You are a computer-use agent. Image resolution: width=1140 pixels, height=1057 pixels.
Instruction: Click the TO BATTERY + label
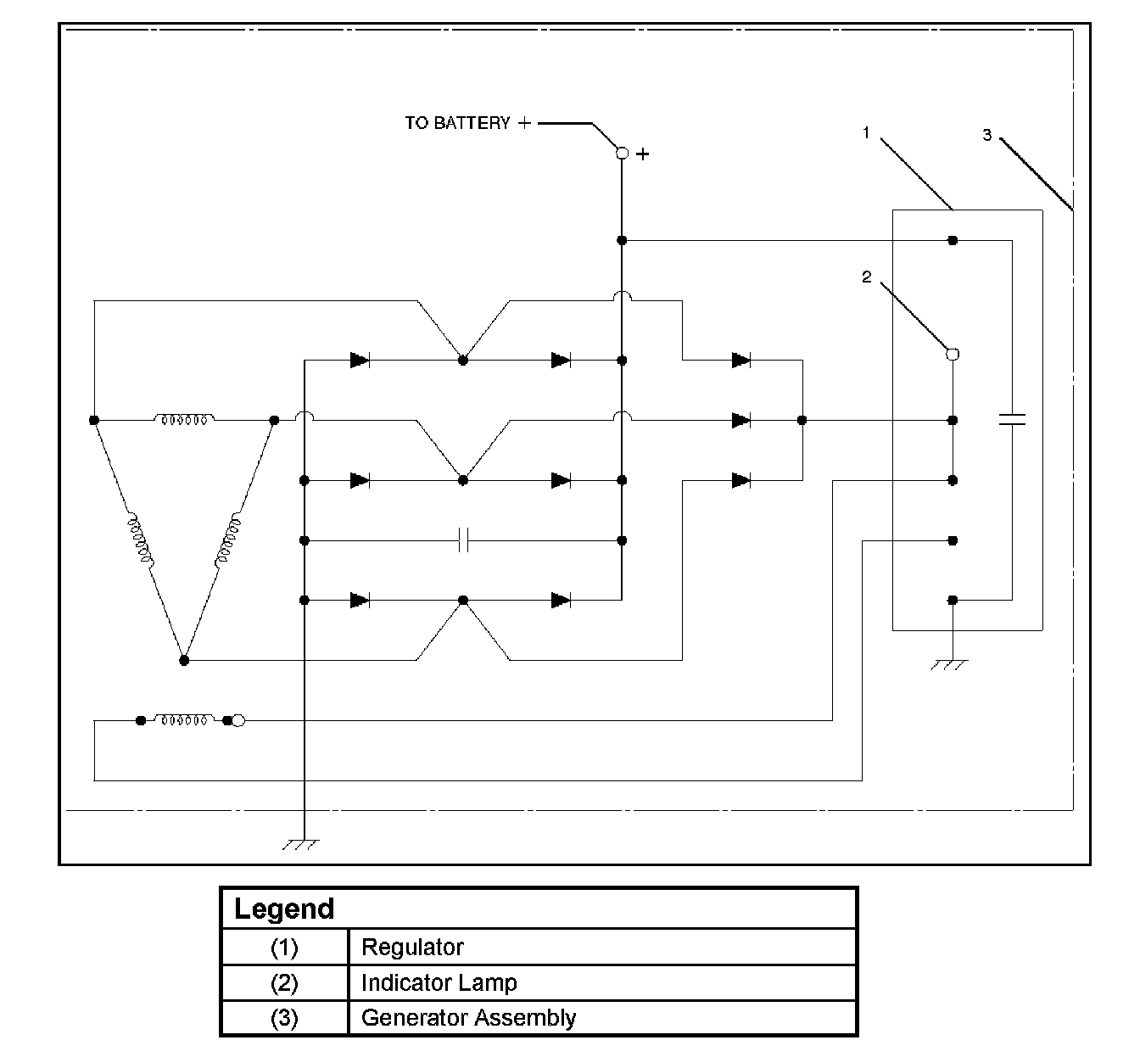[x=467, y=123]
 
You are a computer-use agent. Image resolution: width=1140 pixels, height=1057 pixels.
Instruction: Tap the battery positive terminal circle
[x=622, y=154]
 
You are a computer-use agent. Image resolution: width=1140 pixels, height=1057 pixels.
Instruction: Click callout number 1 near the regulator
[x=866, y=132]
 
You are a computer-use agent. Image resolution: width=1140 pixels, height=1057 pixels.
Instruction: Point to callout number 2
[x=866, y=277]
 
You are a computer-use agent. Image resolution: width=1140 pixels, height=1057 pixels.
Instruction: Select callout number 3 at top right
[x=986, y=135]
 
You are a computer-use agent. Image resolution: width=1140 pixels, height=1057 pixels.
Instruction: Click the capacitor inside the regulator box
[x=1012, y=419]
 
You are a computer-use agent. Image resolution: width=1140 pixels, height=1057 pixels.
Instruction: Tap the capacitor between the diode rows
[x=463, y=540]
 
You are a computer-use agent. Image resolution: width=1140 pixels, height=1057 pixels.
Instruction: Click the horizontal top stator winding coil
[x=184, y=419]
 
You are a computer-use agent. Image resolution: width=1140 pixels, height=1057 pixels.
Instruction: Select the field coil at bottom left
[x=183, y=720]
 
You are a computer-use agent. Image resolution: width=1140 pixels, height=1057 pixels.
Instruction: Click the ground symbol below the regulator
[x=951, y=664]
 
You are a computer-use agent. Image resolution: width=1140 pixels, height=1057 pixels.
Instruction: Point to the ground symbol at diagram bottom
[x=302, y=844]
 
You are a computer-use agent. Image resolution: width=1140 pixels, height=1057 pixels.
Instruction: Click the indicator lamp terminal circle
[x=953, y=354]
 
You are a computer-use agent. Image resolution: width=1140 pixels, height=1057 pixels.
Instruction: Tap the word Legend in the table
[x=284, y=909]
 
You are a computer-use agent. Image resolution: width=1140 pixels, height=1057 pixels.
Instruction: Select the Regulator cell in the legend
[x=412, y=947]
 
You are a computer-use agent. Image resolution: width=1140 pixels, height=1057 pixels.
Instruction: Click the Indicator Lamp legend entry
[x=439, y=982]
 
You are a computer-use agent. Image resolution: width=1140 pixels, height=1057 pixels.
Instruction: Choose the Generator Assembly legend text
[x=468, y=1017]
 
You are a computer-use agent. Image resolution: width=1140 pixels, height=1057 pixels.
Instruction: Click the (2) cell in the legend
[x=284, y=982]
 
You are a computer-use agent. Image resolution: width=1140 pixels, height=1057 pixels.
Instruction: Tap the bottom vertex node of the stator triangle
[x=184, y=660]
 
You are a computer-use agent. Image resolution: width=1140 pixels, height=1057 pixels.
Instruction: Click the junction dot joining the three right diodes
[x=802, y=420]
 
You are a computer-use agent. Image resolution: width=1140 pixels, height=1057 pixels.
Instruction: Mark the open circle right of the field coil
[x=238, y=721]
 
